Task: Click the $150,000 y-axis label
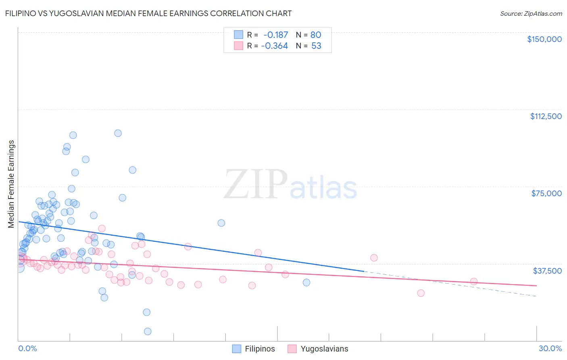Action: (x=544, y=39)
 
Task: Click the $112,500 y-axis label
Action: (x=546, y=116)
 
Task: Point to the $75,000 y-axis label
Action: (x=546, y=193)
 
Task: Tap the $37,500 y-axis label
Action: (x=547, y=270)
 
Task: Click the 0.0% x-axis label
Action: (x=27, y=348)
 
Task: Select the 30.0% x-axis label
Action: (x=550, y=348)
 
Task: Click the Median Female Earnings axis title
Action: (x=11, y=184)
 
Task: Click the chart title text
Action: (x=148, y=13)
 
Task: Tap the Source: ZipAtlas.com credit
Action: (x=531, y=13)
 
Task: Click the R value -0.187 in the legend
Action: (x=275, y=35)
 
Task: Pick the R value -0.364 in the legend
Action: (x=274, y=46)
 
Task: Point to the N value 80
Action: (x=316, y=35)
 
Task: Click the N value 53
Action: (x=316, y=46)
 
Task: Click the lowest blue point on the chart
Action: (x=148, y=331)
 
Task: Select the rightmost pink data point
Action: (x=474, y=281)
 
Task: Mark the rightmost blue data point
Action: (x=306, y=283)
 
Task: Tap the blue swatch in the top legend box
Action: (x=238, y=35)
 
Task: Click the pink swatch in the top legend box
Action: (x=238, y=46)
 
